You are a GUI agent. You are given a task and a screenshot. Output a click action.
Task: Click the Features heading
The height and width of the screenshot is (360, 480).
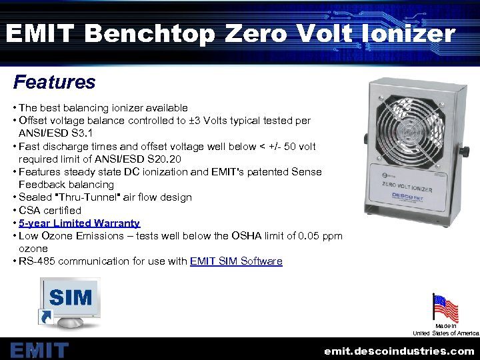[x=55, y=83]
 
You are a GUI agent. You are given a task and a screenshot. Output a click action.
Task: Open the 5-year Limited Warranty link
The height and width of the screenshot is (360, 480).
[x=79, y=223]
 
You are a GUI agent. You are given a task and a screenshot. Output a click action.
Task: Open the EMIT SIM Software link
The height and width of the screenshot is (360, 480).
[x=236, y=261]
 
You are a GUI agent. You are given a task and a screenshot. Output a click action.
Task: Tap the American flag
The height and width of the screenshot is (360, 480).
[x=445, y=308]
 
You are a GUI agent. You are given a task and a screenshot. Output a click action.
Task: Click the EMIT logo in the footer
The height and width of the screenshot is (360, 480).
[x=39, y=350]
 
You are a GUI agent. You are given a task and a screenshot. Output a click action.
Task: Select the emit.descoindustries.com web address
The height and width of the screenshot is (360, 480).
[x=399, y=351]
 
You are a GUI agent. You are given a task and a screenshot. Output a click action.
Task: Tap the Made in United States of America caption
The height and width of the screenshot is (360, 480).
[x=446, y=329]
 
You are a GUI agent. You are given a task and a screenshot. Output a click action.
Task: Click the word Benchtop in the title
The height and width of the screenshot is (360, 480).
[x=151, y=33]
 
